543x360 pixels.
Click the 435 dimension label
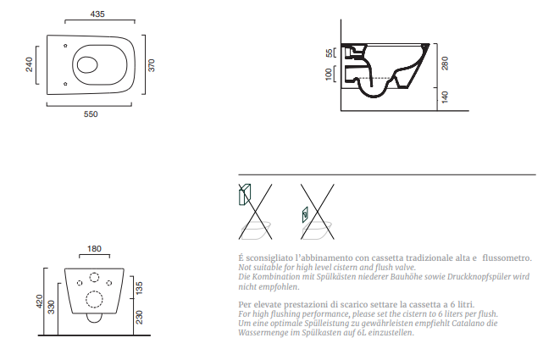tap(97, 14)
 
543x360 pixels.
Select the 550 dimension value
tap(91, 114)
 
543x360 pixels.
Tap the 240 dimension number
tap(29, 64)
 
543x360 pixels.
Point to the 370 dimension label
tap(152, 65)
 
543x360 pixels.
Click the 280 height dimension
tap(445, 63)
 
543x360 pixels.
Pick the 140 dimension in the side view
tap(445, 97)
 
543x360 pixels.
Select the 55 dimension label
tap(329, 53)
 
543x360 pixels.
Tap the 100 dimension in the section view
tap(329, 74)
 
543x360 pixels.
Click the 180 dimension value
tap(94, 249)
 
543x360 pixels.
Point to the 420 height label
tap(39, 302)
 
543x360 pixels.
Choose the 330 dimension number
tap(52, 307)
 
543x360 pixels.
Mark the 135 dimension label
tap(139, 288)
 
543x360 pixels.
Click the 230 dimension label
tap(139, 317)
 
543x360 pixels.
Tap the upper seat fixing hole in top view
tap(65, 46)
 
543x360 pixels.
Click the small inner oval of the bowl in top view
tap(87, 64)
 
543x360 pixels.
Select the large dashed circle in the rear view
tap(94, 299)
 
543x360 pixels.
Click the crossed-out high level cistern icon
tap(245, 195)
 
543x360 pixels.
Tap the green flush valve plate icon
tap(305, 214)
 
